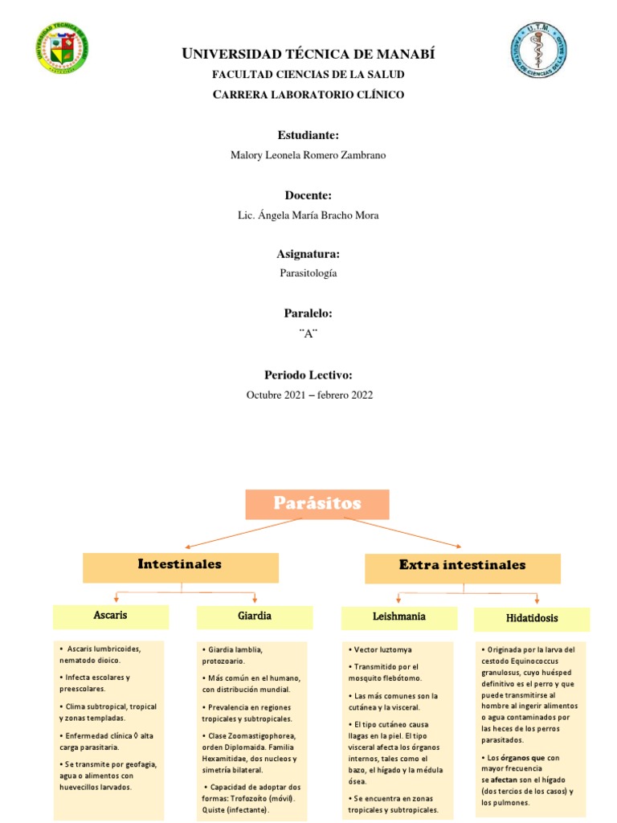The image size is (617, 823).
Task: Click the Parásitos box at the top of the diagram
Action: pyautogui.click(x=317, y=504)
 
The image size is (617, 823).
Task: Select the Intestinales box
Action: pyautogui.click(x=180, y=565)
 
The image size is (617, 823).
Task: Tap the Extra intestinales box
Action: pyautogui.click(x=462, y=566)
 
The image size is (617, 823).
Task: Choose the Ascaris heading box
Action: pyautogui.click(x=111, y=616)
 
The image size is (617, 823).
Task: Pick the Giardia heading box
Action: pyautogui.click(x=254, y=616)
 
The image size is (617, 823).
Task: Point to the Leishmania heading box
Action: pyautogui.click(x=399, y=617)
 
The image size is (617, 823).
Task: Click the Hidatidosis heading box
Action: pyautogui.click(x=532, y=619)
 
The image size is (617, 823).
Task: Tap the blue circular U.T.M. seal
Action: pyautogui.click(x=540, y=51)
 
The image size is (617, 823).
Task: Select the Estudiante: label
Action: pyautogui.click(x=308, y=135)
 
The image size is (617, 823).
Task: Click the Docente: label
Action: pyautogui.click(x=308, y=195)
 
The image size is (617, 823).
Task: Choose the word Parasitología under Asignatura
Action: pyautogui.click(x=308, y=273)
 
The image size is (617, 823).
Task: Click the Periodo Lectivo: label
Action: pyautogui.click(x=308, y=375)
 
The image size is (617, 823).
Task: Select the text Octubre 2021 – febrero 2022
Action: pyautogui.click(x=308, y=395)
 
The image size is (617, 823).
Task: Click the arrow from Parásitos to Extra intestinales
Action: pyautogui.click(x=403, y=533)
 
